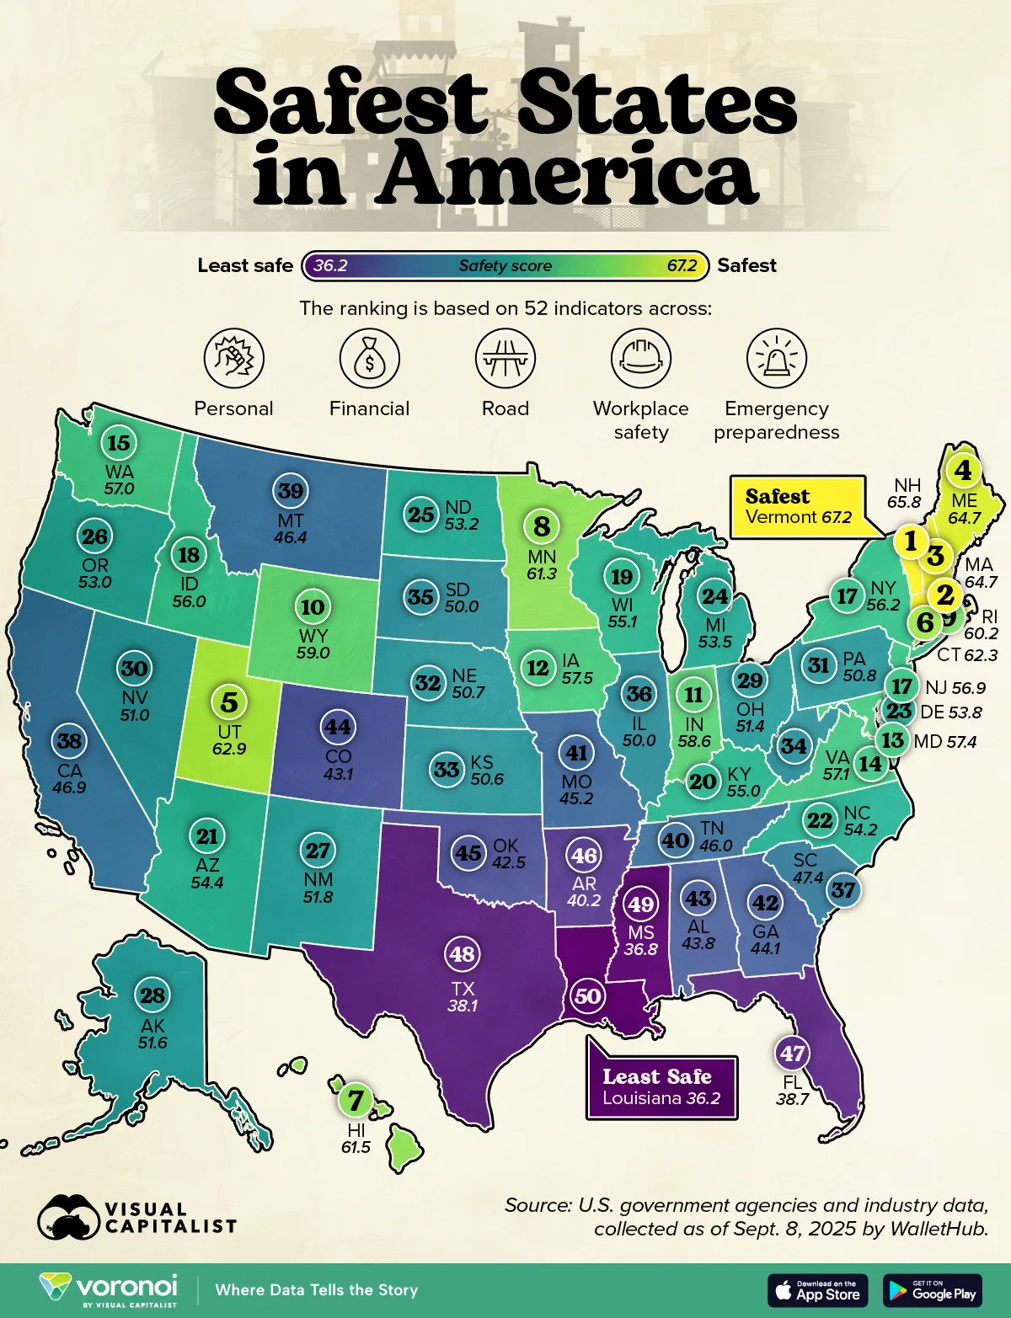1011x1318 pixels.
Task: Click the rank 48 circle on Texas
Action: [x=463, y=954]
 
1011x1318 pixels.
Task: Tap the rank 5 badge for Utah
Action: [x=229, y=702]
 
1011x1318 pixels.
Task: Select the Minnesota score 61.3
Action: [x=542, y=574]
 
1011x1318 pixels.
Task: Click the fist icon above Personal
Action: [x=233, y=358]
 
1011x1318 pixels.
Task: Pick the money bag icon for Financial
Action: [x=369, y=358]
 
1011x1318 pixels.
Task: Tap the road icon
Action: [x=505, y=358]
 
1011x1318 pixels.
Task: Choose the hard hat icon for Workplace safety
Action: [x=640, y=358]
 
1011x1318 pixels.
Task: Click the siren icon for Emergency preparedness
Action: [x=776, y=358]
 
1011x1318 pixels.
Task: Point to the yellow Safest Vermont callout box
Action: [x=797, y=507]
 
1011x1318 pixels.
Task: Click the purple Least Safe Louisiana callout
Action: [x=661, y=1087]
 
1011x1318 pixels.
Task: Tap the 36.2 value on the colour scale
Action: [x=330, y=265]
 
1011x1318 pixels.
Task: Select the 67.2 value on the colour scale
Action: [x=682, y=265]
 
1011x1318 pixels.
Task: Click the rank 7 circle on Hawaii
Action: [x=356, y=1100]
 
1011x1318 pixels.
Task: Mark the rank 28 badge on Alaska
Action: [x=152, y=995]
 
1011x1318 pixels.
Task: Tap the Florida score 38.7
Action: [x=793, y=1099]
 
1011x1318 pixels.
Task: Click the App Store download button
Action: [x=817, y=1290]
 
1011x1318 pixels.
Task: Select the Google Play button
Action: [x=933, y=1290]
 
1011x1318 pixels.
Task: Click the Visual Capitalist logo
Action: [x=137, y=1218]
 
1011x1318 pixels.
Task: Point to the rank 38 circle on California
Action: [x=69, y=741]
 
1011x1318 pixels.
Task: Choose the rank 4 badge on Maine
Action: [x=963, y=470]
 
